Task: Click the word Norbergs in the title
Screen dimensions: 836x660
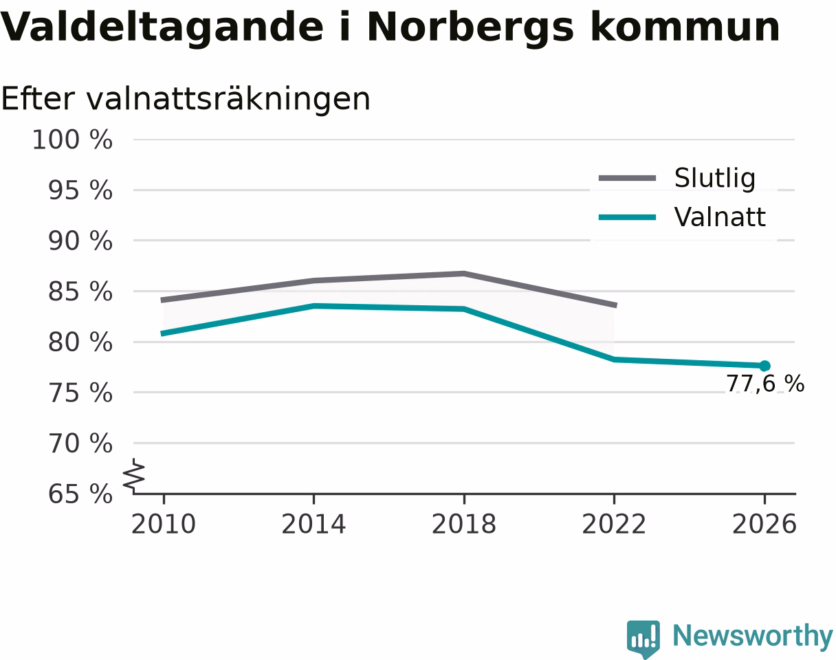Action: click(470, 28)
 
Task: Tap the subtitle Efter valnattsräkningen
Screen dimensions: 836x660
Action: click(186, 100)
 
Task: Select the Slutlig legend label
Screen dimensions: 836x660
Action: click(715, 179)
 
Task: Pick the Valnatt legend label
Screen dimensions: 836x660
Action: click(720, 217)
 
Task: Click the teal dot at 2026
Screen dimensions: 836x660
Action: click(764, 366)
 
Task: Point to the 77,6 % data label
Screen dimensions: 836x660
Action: click(765, 384)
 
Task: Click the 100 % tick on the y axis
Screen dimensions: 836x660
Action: click(73, 140)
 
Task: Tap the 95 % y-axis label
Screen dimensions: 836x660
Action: click(80, 190)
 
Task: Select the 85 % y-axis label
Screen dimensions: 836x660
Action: click(80, 291)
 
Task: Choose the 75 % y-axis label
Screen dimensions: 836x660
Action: click(80, 393)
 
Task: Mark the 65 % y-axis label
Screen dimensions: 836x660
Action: click(80, 494)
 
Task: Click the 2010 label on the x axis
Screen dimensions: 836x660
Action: click(164, 525)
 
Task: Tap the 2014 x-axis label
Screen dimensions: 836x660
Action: click(313, 525)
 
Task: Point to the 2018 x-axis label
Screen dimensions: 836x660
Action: click(464, 525)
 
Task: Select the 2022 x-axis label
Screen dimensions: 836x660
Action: click(614, 525)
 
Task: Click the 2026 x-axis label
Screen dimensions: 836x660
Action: click(764, 525)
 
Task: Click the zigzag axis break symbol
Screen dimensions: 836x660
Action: click(134, 474)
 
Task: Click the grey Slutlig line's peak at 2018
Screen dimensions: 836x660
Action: click(464, 274)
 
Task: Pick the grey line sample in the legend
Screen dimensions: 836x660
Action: click(628, 178)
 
